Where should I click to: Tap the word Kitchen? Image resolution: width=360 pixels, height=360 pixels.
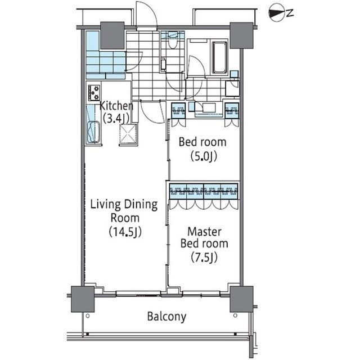pos(116,106)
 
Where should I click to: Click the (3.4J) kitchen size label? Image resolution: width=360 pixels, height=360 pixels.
pos(116,119)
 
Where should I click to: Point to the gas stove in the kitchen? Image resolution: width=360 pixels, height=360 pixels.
pos(94,93)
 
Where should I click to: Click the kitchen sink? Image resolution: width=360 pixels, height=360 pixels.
pos(94,132)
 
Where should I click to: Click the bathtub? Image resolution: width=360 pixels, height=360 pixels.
pos(219,57)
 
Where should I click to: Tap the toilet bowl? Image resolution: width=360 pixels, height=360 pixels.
pos(173,43)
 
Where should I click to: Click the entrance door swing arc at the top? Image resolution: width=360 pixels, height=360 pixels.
pos(147,13)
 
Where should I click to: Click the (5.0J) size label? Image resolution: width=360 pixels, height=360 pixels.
pos(204,157)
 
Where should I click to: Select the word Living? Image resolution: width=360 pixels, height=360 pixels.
pos(105,205)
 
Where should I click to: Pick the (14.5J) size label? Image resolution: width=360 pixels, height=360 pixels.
pos(125,232)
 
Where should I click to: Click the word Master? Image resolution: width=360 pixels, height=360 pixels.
pos(204,231)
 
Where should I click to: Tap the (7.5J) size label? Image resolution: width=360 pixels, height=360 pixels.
pos(204,258)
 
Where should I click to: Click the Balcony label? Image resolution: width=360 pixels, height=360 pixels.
pos(166,316)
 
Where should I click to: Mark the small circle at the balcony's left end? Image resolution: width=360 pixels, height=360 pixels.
pos(88,316)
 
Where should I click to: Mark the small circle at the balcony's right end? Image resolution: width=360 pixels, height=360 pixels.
pos(235,316)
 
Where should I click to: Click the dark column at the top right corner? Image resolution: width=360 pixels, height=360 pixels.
pos(241,35)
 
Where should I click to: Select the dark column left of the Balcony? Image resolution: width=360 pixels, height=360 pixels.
pos(83,299)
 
